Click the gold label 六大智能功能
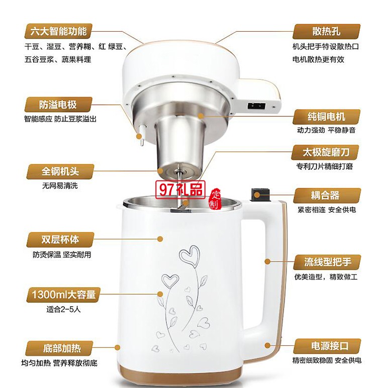coord(59,32)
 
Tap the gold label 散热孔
coord(325,32)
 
